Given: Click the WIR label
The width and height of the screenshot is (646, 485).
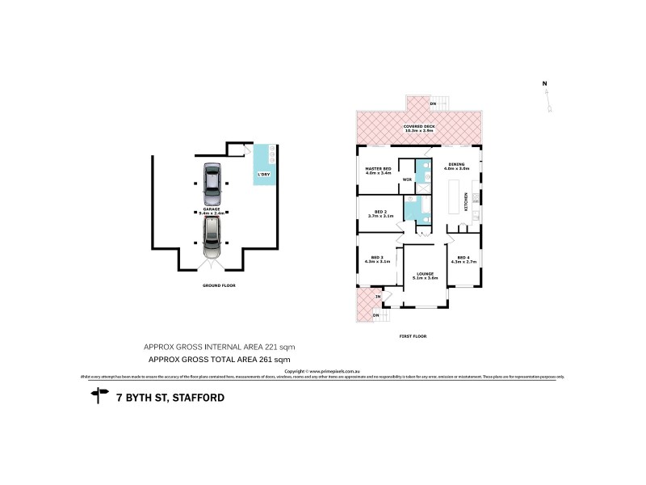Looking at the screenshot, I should tap(408, 179).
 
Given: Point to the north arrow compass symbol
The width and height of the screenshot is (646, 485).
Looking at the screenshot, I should tap(548, 99).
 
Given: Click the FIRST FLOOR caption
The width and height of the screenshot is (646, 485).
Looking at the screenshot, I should tap(413, 335).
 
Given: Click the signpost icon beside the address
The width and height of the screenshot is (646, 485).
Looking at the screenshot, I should tap(99, 395).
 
